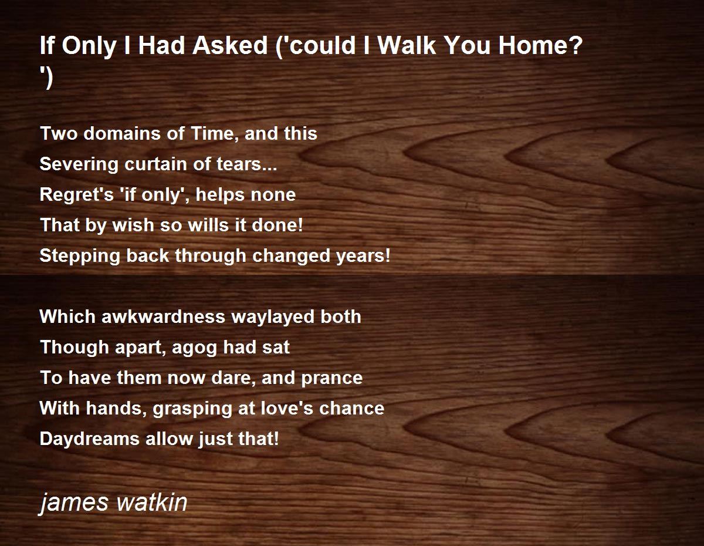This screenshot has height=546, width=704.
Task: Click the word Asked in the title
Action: (230, 45)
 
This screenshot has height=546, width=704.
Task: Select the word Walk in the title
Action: (407, 45)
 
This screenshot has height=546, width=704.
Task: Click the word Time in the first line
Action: (212, 133)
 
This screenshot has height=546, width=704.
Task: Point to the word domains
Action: (122, 133)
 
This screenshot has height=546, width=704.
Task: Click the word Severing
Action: (79, 164)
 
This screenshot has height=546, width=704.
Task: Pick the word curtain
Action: (155, 164)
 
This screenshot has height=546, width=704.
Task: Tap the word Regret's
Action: (77, 194)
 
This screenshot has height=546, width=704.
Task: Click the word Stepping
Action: (80, 256)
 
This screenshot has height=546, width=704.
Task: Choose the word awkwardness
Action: (163, 316)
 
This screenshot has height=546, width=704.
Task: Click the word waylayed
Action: (273, 317)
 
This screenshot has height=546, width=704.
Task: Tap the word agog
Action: (194, 348)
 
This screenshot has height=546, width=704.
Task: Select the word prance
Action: (331, 378)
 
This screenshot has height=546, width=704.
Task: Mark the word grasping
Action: (192, 409)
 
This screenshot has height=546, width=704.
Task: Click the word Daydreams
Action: (90, 439)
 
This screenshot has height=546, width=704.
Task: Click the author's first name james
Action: (73, 503)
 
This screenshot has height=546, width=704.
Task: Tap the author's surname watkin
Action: (151, 502)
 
